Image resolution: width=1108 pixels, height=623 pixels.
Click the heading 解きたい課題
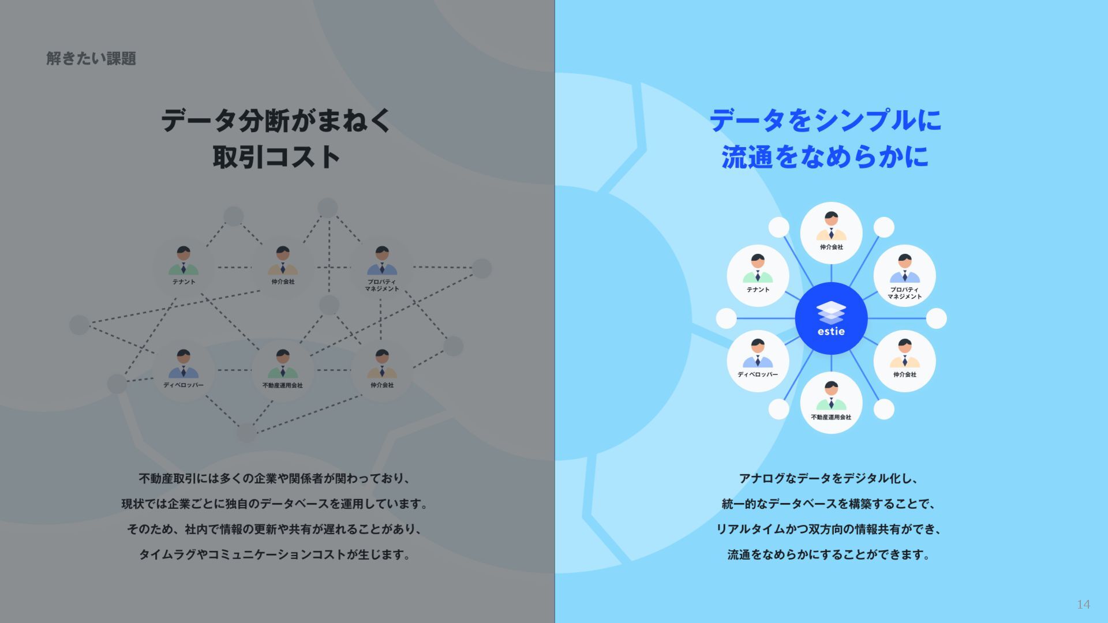[91, 58]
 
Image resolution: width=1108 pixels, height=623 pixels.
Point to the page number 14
[1083, 604]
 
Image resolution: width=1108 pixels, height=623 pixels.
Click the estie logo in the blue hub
[831, 318]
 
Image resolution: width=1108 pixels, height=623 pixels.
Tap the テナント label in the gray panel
[184, 282]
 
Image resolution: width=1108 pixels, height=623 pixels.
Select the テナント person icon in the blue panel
[758, 269]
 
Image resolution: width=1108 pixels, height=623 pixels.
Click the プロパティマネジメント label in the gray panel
[381, 285]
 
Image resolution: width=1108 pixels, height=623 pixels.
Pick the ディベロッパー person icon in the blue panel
[758, 354]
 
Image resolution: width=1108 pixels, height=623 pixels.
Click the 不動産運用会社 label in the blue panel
[831, 417]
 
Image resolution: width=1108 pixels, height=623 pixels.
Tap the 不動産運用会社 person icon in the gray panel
[283, 364]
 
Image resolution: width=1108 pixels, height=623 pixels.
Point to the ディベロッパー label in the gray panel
[184, 385]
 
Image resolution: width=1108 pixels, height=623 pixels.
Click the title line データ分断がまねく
[276, 121]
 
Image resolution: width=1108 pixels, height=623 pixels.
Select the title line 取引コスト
[276, 157]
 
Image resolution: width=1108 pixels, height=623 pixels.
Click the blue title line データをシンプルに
[825, 121]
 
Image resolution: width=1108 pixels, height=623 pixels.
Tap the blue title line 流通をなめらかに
[825, 157]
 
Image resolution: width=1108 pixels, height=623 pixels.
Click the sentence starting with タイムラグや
[275, 555]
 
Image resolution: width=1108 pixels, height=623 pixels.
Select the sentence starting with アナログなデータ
[829, 479]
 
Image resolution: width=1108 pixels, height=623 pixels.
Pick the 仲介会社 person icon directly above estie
[831, 226]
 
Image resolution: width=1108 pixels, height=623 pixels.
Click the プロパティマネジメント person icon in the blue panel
[904, 269]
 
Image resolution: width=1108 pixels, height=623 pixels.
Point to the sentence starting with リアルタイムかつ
[829, 530]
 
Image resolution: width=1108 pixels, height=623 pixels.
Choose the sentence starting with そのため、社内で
[275, 530]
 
